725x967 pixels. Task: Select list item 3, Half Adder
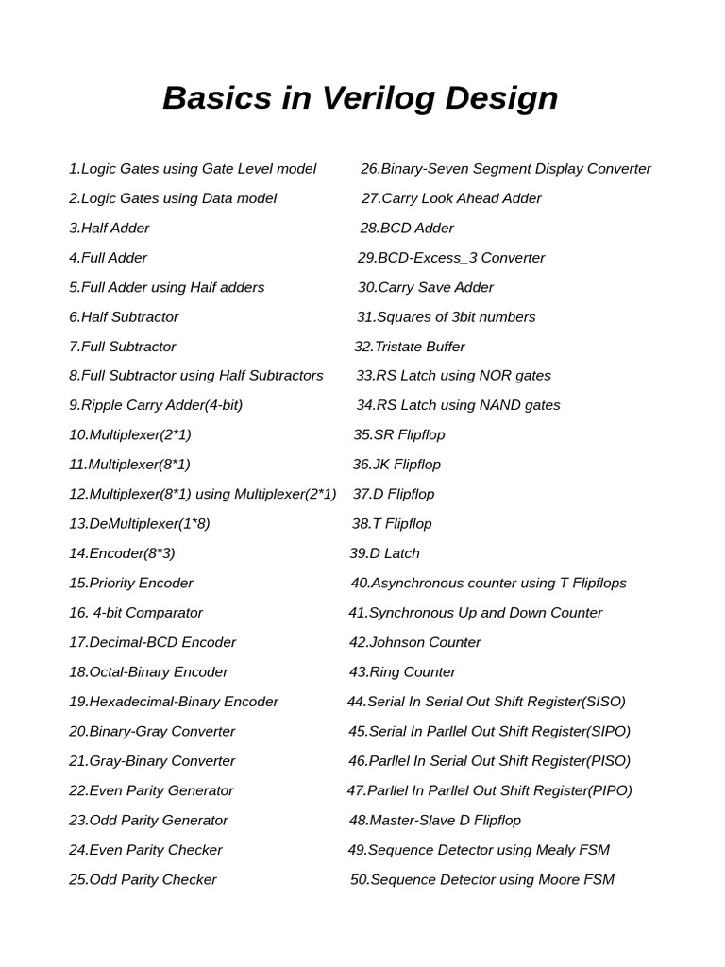[110, 228]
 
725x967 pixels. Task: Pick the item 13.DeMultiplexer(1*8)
[140, 523]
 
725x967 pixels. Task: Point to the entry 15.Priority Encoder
[131, 583]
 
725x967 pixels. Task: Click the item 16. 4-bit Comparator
[136, 613]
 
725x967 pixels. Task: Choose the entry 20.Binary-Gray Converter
[152, 731]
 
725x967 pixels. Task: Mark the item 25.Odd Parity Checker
[143, 879]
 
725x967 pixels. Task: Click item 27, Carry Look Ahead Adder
[451, 198]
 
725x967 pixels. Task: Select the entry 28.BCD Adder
[407, 228]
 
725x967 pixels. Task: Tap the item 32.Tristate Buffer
[410, 347]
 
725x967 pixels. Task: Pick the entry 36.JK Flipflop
[396, 465]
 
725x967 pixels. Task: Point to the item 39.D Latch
[384, 553]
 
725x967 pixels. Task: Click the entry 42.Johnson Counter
[414, 642]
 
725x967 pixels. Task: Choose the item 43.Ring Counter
[402, 672]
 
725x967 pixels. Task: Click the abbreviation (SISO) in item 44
[604, 702]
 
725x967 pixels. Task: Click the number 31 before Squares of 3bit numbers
[365, 317]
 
